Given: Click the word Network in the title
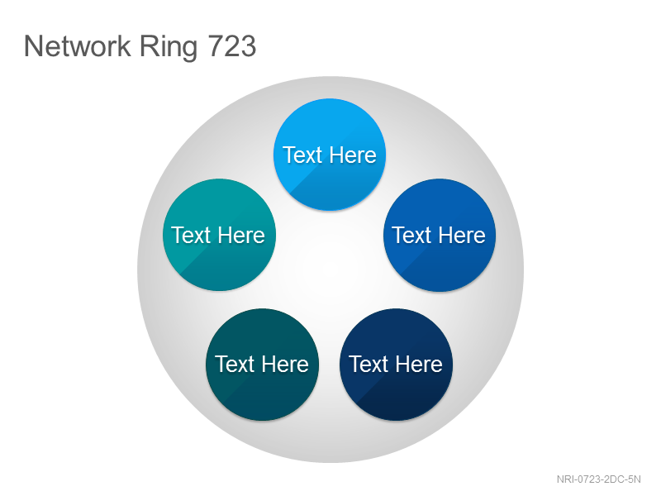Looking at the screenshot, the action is tap(78, 46).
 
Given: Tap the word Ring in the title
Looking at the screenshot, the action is tap(169, 48).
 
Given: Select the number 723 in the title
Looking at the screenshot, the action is tap(232, 46).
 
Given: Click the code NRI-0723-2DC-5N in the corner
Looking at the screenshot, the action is tap(598, 479).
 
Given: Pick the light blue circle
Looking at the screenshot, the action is tap(330, 155).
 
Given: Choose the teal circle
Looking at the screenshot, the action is tap(219, 235).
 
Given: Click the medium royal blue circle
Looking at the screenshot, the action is tap(440, 235).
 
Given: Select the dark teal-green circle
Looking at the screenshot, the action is tap(262, 365).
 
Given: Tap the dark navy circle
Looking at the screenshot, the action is tap(397, 365).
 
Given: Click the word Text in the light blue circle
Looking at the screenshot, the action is tap(302, 155).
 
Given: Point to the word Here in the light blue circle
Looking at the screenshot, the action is tap(353, 155).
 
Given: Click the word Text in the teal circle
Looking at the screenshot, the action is tap(191, 235).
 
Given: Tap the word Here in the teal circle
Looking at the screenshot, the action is tap(241, 235).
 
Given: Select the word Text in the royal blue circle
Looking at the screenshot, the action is tap(411, 235).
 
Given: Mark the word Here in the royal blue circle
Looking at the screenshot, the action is tap(462, 235).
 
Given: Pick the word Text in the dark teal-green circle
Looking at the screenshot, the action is tap(235, 364).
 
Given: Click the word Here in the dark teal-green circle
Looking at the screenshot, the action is tap(285, 364).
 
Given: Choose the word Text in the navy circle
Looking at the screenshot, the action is tap(369, 364).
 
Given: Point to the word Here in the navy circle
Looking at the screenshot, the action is tap(419, 364).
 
